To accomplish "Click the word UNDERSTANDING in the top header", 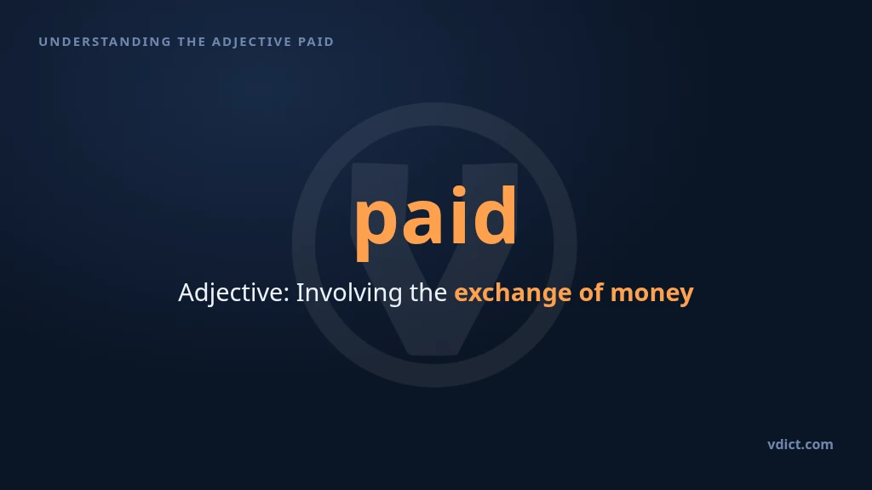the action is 105,42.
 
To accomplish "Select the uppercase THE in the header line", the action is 192,42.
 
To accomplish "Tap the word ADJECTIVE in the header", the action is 252,42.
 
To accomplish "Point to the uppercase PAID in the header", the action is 316,42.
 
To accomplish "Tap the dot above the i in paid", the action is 459,192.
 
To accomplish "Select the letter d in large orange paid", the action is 495,215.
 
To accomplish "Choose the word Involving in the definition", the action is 348,293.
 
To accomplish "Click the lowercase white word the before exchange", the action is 428,293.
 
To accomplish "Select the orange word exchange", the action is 513,293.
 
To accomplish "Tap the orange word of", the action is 591,293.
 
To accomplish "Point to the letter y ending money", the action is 686,297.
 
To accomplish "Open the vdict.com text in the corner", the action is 800,444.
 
